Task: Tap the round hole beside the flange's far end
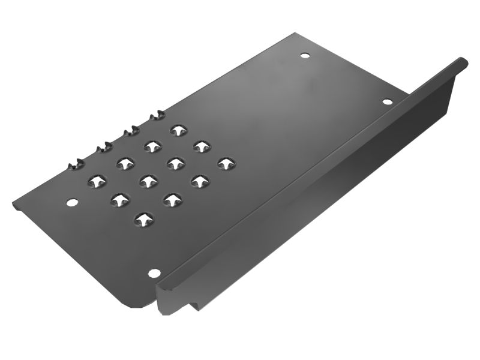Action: click(387, 100)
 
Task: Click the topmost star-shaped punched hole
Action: click(178, 130)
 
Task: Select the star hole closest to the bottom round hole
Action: click(143, 220)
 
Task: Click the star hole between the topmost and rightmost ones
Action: click(200, 146)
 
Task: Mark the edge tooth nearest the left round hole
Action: click(76, 162)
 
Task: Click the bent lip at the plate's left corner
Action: click(14, 206)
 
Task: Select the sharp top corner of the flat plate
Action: click(295, 34)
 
